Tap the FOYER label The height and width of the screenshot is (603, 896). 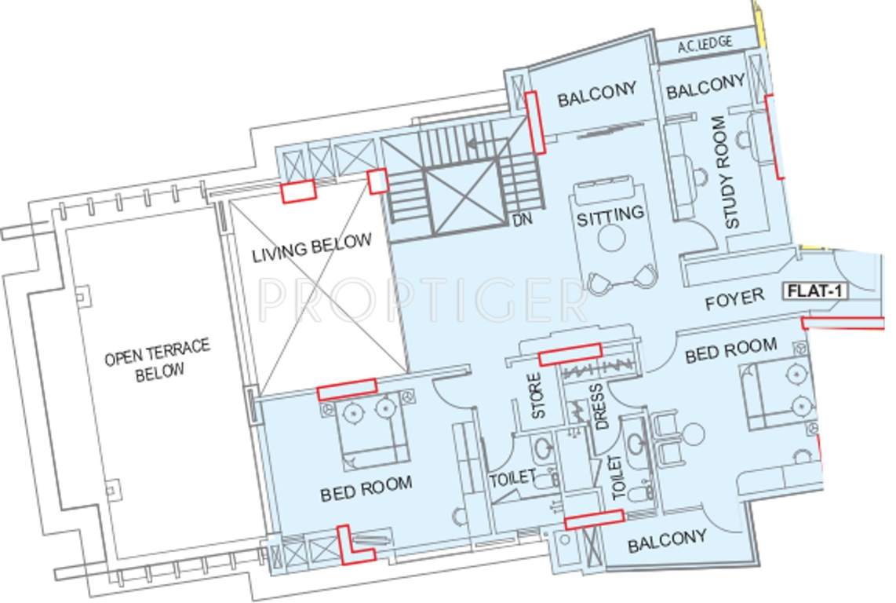pyautogui.click(x=734, y=299)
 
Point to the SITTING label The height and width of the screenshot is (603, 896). pyautogui.click(x=610, y=214)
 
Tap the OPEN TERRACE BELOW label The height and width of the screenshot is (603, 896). pyautogui.click(x=157, y=359)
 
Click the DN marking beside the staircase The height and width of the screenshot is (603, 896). pyautogui.click(x=522, y=220)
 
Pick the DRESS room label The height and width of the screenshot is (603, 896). pyautogui.click(x=598, y=406)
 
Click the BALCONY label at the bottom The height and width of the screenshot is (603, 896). pyautogui.click(x=667, y=540)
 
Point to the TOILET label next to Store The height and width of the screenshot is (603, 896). pyautogui.click(x=512, y=477)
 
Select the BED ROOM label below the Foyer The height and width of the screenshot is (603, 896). pyautogui.click(x=730, y=351)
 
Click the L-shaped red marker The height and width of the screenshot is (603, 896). pyautogui.click(x=351, y=548)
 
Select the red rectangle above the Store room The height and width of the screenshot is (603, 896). pyautogui.click(x=570, y=353)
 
